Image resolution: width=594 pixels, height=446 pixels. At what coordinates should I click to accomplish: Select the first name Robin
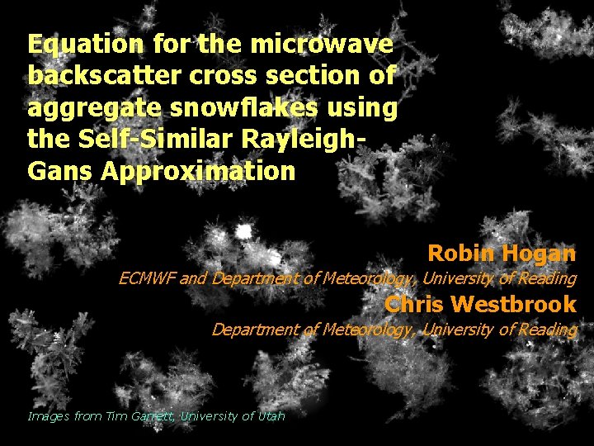pos(457,253)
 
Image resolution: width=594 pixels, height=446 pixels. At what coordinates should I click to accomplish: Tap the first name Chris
pos(414,304)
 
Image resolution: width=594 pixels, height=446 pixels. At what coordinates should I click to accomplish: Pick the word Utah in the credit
pos(270,416)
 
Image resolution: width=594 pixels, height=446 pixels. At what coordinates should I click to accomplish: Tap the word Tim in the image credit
pos(116,416)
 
